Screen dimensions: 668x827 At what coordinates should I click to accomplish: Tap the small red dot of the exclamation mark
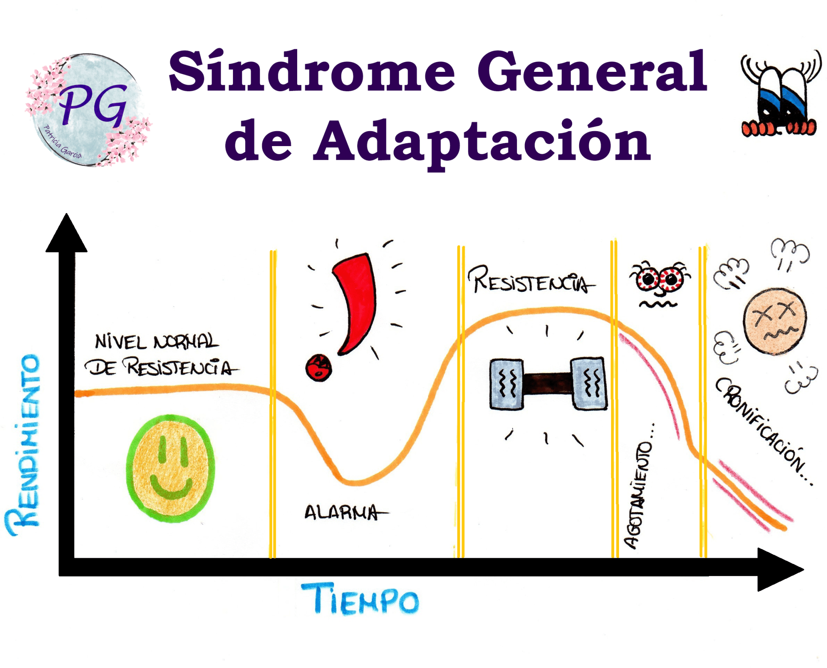pyautogui.click(x=319, y=367)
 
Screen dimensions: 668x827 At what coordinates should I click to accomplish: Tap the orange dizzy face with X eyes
pyautogui.click(x=775, y=321)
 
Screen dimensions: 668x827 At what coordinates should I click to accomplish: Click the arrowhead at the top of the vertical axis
pyautogui.click(x=67, y=236)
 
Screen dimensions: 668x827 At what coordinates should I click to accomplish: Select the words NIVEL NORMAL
pyautogui.click(x=157, y=342)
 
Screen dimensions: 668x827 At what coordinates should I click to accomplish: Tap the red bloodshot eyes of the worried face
pyautogui.click(x=659, y=279)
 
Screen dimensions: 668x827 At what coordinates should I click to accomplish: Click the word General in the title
pyautogui.click(x=592, y=72)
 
